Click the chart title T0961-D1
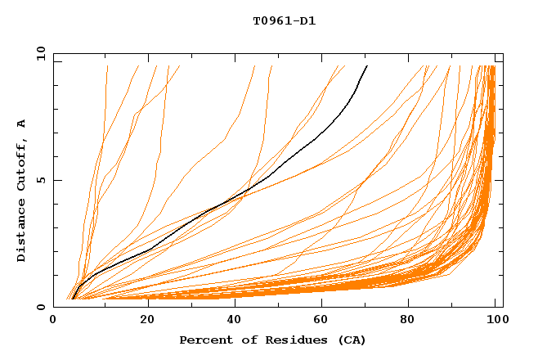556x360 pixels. [x=284, y=21]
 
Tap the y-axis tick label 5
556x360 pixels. [x=42, y=180]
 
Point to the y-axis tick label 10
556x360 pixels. [x=38, y=53]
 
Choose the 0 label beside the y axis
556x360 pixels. [x=42, y=307]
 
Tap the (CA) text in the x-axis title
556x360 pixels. [x=349, y=340]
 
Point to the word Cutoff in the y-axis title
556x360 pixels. [x=21, y=161]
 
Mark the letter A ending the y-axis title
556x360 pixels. [x=21, y=124]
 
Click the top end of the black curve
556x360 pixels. [x=367, y=65]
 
